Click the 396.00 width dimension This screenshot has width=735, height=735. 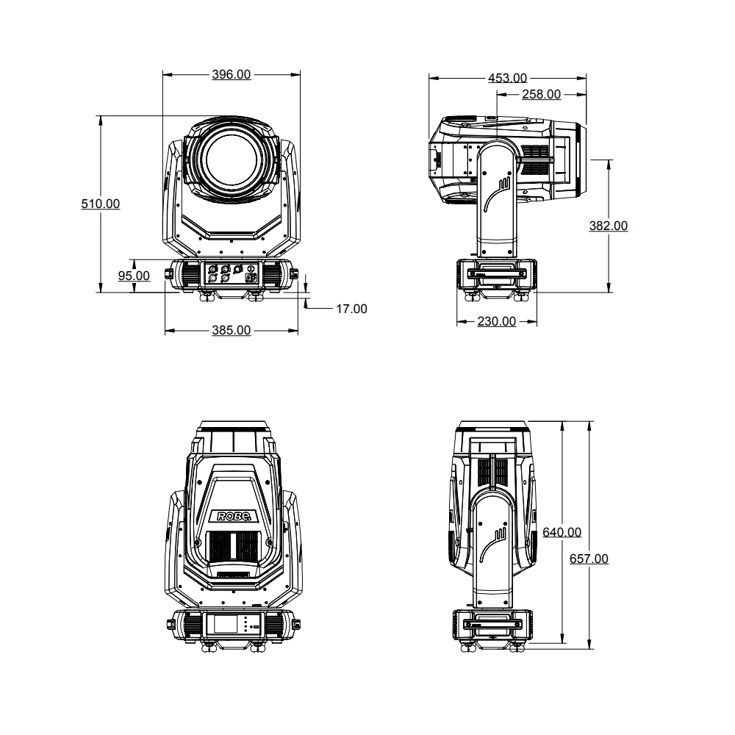point(231,74)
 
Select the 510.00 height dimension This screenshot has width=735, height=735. point(100,204)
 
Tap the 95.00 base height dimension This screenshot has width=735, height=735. point(134,276)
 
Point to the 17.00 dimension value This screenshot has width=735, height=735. point(351,309)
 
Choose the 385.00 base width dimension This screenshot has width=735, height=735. point(231,331)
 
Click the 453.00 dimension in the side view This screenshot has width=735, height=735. point(507,78)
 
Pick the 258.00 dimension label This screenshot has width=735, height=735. point(541,94)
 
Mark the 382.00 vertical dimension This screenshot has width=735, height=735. point(609,226)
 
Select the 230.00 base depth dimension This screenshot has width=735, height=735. point(497,321)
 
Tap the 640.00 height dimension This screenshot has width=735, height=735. point(562,532)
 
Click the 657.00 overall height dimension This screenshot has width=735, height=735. point(589,559)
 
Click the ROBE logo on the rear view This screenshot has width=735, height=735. point(232,516)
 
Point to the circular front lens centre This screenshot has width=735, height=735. point(231,159)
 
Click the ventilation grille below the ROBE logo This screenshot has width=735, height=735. point(232,546)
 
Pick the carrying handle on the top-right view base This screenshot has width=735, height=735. point(497,273)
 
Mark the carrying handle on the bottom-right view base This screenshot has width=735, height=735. point(492,624)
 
